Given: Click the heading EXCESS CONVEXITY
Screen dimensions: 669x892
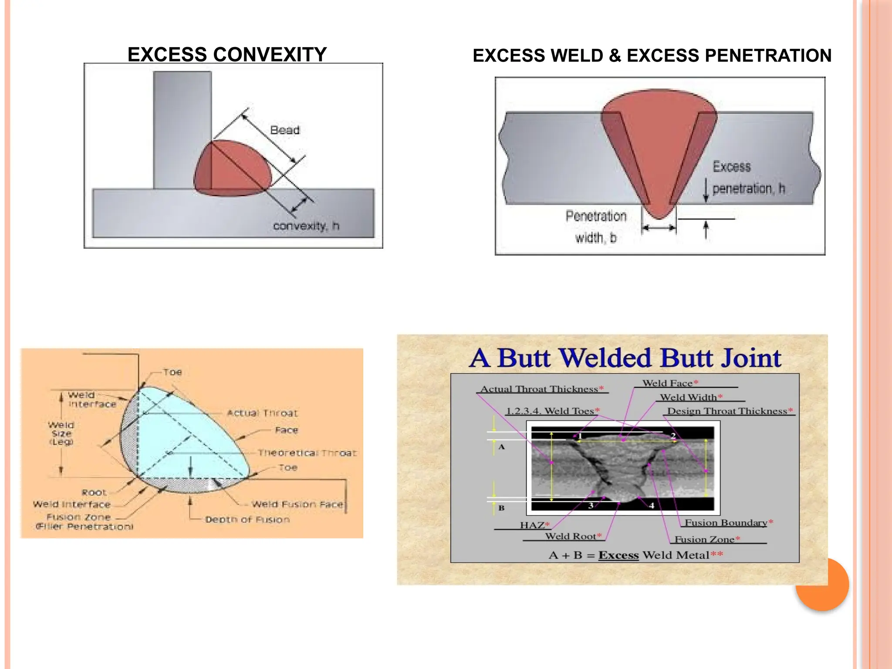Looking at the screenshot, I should [x=227, y=55].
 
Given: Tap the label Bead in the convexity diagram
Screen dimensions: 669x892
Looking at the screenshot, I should [x=285, y=130].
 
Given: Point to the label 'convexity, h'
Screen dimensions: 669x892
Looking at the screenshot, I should [x=306, y=226].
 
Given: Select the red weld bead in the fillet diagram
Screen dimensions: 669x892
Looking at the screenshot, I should [x=231, y=170].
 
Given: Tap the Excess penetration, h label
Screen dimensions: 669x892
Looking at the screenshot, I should [x=748, y=178].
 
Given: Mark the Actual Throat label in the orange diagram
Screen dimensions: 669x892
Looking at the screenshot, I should [x=262, y=413].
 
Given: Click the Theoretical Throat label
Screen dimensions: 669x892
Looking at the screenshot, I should [x=307, y=453].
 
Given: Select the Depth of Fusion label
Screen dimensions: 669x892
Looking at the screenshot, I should [x=247, y=520].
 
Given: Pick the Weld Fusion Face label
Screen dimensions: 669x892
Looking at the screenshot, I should [x=297, y=504].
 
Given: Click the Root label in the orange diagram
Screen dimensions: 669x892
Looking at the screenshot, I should [x=94, y=493].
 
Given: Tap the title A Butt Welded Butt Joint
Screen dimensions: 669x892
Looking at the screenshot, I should [x=625, y=358].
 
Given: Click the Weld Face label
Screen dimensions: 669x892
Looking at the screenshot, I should [x=667, y=383].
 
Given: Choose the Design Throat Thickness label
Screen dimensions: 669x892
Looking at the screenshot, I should [x=727, y=411].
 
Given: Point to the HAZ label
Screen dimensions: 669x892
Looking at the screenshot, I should [x=532, y=525].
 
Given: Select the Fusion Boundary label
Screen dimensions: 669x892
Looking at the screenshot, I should [x=726, y=523].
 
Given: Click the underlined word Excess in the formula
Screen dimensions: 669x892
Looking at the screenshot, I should [x=618, y=555].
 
